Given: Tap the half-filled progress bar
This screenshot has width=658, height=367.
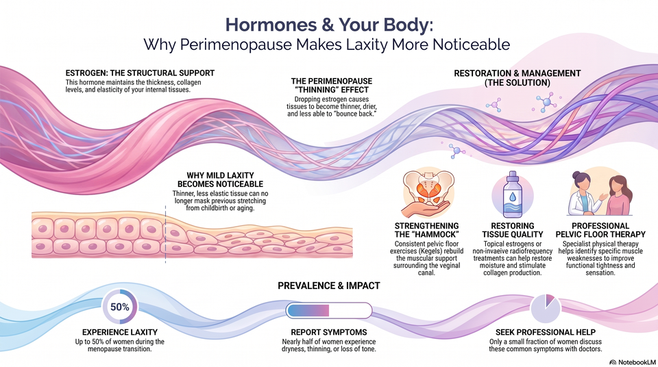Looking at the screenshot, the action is pos(329,311).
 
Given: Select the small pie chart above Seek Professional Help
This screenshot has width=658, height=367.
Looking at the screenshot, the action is pos(546,308).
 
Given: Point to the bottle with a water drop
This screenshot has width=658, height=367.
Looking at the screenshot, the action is pos(513,194).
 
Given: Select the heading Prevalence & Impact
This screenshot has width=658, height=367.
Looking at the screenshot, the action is pos(329,286).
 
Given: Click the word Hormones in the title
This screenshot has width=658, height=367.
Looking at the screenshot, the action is pos(271,25).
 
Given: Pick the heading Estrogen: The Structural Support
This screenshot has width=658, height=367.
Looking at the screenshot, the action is pos(140,73).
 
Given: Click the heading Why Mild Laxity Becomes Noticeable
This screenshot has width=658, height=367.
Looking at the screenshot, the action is pos(220,179).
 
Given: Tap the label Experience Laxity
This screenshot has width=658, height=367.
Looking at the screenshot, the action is pos(120,332).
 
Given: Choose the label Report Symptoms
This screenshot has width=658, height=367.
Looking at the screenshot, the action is pos(329,332).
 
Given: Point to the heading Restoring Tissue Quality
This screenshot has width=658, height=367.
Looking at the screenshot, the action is pos(513,230).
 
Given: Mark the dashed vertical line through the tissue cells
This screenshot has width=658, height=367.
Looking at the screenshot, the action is pos(165,234).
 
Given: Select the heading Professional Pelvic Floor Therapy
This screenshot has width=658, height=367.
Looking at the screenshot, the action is pos(600,230).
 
